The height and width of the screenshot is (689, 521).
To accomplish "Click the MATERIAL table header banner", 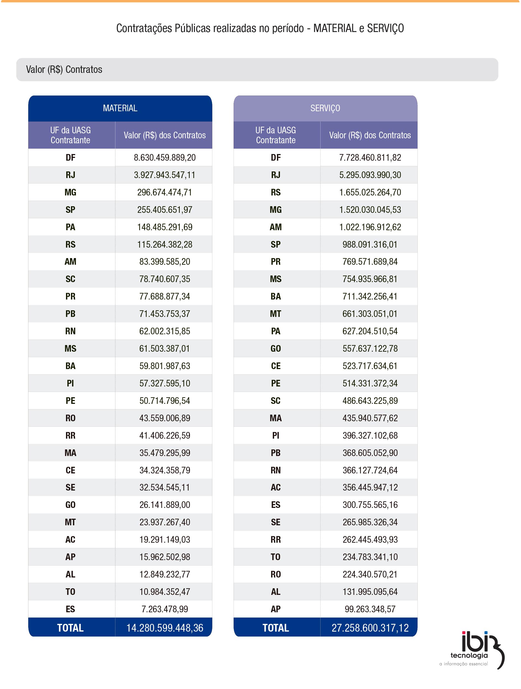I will coord(120,108).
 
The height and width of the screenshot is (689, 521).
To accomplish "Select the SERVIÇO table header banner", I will coord(325,108).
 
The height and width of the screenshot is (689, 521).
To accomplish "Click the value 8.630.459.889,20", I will coord(165,158).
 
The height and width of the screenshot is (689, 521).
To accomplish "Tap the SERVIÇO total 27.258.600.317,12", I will coord(370,628).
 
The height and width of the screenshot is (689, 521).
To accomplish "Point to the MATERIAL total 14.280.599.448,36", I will coord(165,628).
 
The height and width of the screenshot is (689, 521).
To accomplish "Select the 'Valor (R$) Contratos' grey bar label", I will coord(64,70).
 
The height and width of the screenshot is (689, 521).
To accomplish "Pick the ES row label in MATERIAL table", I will coord(70,609).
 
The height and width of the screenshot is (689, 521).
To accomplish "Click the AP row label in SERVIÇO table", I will coord(276,609).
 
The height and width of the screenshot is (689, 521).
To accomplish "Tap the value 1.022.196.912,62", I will coord(370,227).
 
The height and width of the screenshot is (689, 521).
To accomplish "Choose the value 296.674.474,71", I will coord(165,192).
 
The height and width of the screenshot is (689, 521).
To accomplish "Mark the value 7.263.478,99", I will coord(165,609).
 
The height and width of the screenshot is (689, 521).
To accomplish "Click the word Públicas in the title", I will coord(192,28).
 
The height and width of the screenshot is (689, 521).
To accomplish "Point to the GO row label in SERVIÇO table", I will coord(276,349).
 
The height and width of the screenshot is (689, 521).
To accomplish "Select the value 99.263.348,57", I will coord(370,609).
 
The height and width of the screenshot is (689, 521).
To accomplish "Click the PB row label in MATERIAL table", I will coord(70,314).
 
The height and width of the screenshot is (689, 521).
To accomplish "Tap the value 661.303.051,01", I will coord(370,314).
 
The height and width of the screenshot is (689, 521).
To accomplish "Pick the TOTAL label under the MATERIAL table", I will coord(70,628).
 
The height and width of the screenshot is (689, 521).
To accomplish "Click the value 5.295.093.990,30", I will coord(370,175).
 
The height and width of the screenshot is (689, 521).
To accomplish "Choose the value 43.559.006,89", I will coord(165,418).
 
